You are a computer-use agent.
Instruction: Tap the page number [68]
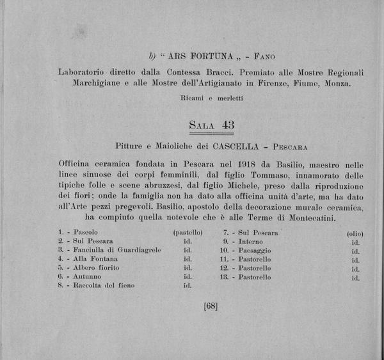coord(211,306)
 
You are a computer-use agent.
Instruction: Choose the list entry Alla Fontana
coord(95,259)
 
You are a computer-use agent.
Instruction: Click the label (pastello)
coord(188,232)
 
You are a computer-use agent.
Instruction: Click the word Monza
coord(336,84)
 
